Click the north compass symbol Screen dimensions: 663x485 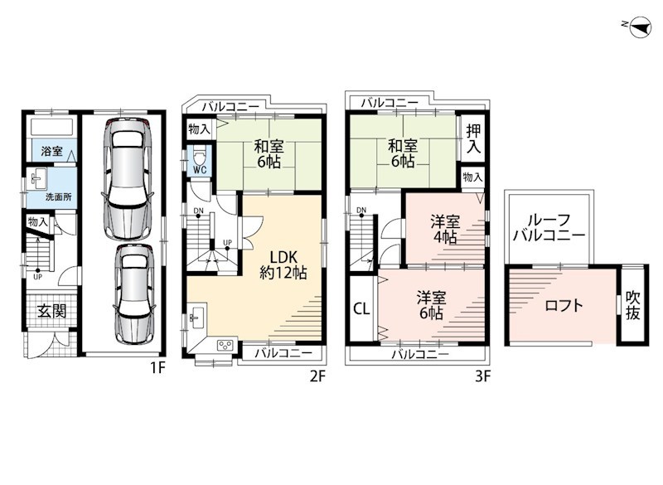638,27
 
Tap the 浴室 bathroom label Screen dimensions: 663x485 51,151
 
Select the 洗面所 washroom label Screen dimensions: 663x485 58,196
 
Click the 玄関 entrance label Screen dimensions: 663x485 51,311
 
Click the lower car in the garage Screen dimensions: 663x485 133,294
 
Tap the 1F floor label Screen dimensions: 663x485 157,369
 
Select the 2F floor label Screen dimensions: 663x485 317,376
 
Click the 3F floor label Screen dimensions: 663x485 482,376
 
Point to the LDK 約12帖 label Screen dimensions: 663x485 283,264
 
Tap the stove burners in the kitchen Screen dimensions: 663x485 225,346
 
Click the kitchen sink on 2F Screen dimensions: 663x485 196,317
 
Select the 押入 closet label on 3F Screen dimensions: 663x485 473,138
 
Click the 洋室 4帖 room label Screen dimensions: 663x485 445,229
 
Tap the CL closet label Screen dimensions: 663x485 361,308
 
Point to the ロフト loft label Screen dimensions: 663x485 564,305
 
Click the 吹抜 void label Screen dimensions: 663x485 632,305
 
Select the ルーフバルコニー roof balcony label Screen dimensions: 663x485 549,227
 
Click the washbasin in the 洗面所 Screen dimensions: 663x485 38,179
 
